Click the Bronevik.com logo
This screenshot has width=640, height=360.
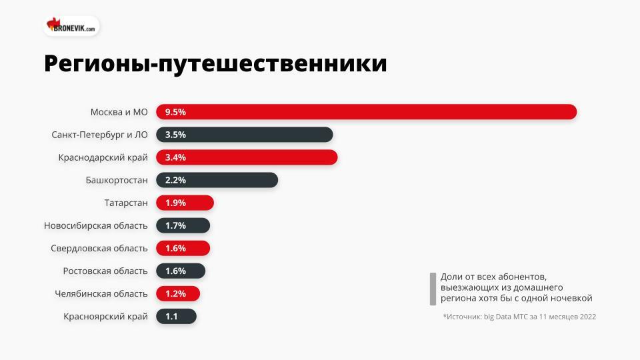72,27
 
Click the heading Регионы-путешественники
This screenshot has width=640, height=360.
215,64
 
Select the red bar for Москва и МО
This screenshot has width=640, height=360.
366,112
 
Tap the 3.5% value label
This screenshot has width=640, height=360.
175,135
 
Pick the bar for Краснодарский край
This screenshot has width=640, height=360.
247,157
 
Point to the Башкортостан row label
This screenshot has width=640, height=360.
117,180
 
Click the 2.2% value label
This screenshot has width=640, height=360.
175,180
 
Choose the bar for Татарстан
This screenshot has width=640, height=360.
185,203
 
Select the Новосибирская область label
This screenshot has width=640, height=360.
96,225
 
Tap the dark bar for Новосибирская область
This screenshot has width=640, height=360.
183,225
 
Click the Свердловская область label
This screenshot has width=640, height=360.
99,248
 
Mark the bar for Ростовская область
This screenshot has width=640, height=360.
181,271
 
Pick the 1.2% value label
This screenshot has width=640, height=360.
175,293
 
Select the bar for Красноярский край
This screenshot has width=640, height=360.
176,316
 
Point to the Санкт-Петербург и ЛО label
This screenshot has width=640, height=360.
99,135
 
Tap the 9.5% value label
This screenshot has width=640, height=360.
175,112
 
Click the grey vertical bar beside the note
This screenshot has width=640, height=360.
433,288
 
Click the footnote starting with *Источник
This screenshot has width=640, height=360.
519,317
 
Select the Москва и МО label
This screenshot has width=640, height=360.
119,112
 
